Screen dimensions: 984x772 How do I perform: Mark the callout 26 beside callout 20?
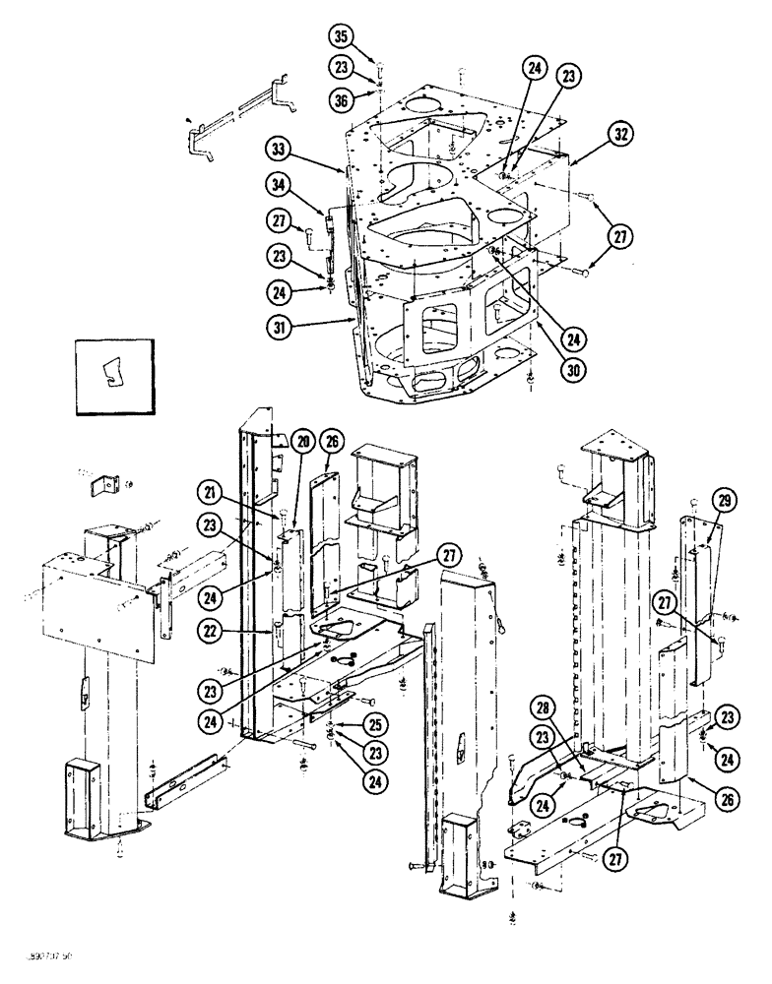point(331,443)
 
